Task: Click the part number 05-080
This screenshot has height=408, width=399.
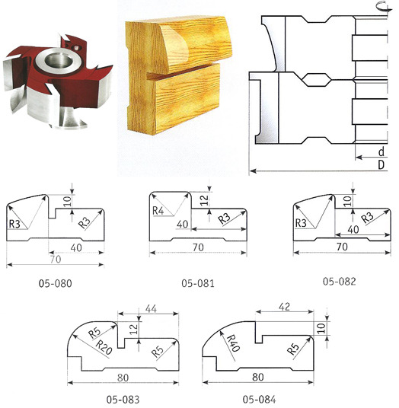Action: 55,283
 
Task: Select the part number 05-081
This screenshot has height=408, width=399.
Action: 198,283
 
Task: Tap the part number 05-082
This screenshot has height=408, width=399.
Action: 339,282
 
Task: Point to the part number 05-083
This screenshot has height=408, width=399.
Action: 123,399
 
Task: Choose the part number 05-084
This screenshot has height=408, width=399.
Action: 259,399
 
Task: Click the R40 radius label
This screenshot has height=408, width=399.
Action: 234,343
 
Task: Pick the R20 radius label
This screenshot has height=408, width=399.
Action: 104,347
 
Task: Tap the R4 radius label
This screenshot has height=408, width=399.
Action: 158,211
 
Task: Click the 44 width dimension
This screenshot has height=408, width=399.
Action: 151,308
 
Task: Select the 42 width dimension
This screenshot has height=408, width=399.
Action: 284,307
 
